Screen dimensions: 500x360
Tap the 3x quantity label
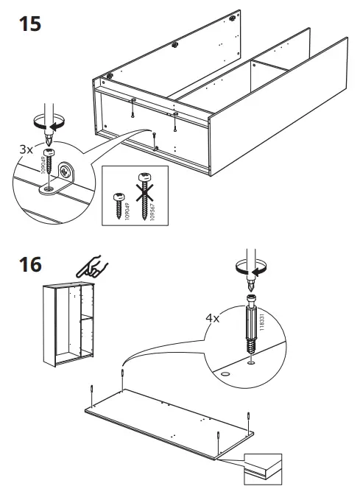(27, 148)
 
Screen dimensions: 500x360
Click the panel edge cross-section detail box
(263, 469)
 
